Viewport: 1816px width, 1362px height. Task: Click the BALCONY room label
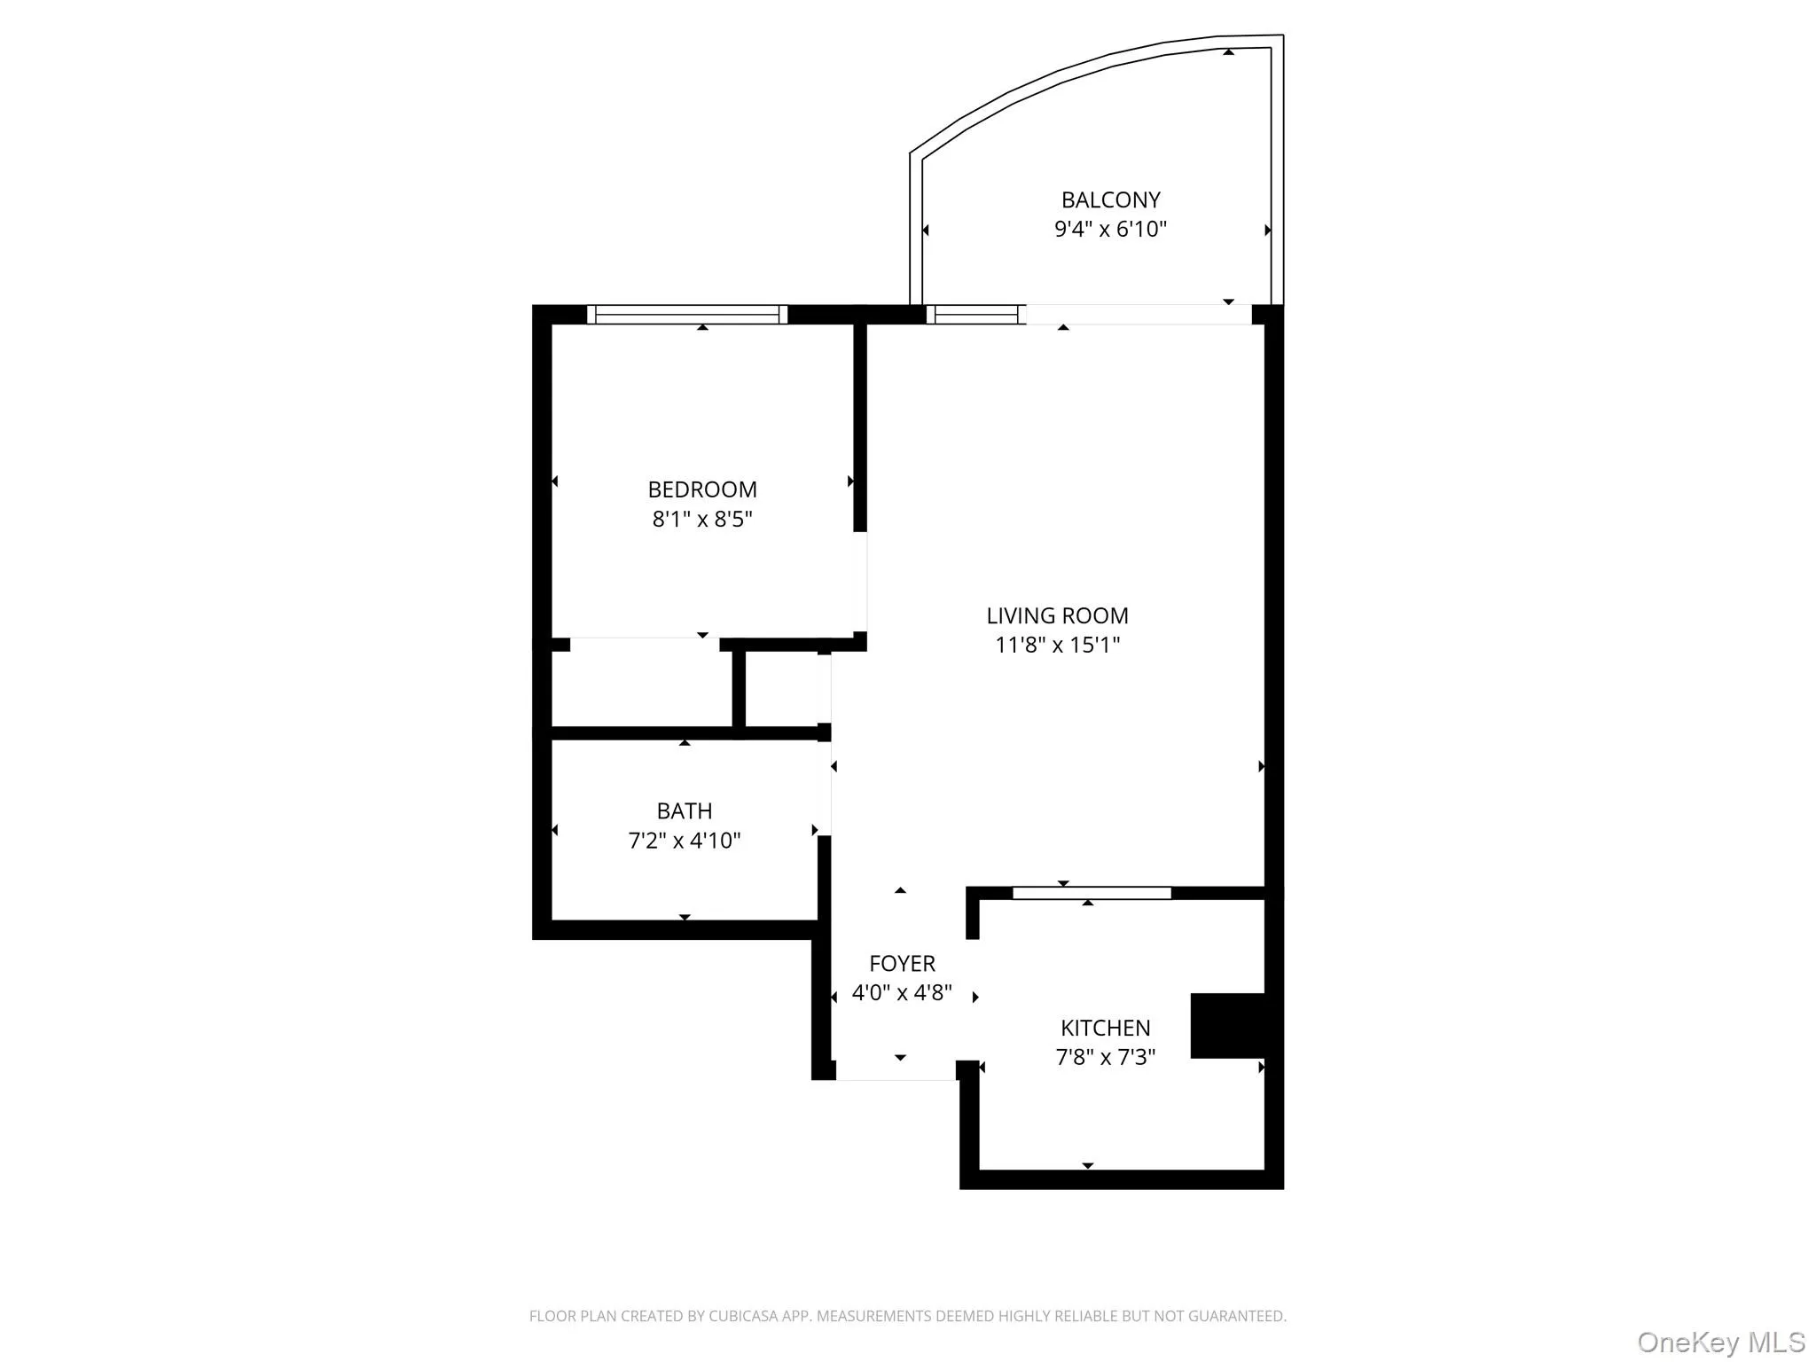coord(1110,200)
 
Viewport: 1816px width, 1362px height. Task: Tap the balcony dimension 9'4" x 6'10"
coord(1110,230)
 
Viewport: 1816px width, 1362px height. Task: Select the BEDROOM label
coord(702,489)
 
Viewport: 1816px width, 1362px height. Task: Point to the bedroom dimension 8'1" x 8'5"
coord(702,519)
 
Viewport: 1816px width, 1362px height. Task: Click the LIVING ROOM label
coord(1057,615)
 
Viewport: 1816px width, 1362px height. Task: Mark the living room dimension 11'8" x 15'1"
coord(1057,645)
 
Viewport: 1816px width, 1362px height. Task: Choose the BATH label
coord(684,811)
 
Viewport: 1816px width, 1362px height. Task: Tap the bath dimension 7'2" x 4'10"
coord(684,841)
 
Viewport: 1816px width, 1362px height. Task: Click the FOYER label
coord(902,964)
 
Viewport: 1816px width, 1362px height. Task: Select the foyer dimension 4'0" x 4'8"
coord(902,993)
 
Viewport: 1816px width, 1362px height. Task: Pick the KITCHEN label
coord(1105,1029)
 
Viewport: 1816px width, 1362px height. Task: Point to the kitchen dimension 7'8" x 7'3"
coord(1105,1058)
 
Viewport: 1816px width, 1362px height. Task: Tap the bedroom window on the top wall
coord(687,315)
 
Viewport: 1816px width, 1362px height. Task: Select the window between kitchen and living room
coord(1092,893)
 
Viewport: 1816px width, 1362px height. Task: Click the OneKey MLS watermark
coord(1720,1342)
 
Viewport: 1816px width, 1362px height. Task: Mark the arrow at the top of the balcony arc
coord(1228,52)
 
